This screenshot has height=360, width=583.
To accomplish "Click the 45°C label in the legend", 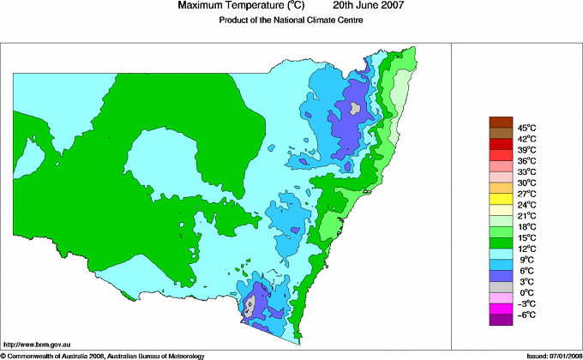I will click(x=526, y=128).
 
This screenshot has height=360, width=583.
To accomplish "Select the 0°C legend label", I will click(x=526, y=293).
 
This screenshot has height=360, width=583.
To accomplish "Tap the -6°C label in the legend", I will click(x=526, y=315).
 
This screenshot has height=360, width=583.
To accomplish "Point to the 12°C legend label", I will click(x=526, y=249).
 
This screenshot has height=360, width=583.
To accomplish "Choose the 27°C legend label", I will click(x=526, y=194).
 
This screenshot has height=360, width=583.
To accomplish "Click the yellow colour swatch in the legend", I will click(x=500, y=199).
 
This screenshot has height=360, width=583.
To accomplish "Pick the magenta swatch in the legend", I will click(x=500, y=309).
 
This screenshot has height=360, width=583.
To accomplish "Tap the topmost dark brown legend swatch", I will click(x=500, y=122).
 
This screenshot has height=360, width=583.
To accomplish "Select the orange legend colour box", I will click(x=500, y=188).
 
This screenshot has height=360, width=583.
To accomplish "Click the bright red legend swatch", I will click(x=500, y=144).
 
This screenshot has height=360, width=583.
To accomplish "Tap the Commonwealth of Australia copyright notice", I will click(x=103, y=355).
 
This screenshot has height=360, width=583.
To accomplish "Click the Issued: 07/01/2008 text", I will click(x=548, y=355).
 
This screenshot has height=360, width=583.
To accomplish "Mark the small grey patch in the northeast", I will click(x=355, y=108).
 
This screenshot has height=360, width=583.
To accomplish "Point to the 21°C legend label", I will click(x=526, y=216).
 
